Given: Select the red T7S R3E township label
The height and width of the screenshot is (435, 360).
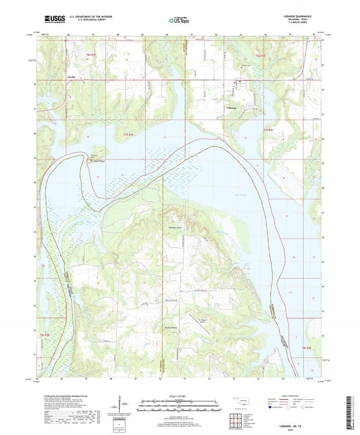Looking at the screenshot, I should pos(129,135).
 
